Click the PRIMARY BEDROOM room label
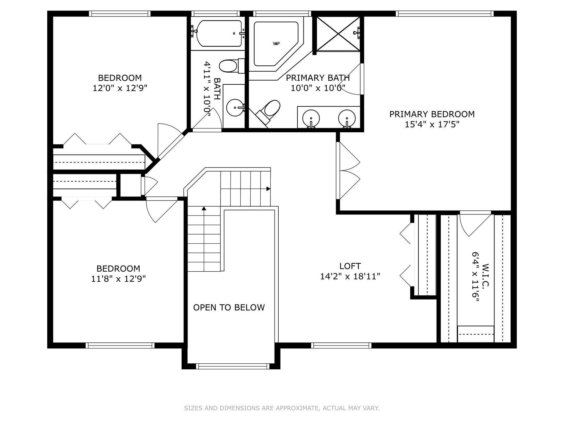(432, 114)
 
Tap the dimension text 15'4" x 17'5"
(432, 124)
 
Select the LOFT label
(350, 266)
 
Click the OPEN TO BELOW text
(229, 307)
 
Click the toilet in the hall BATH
(229, 66)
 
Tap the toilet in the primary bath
(270, 109)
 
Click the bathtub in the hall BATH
(219, 33)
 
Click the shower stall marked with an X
(338, 34)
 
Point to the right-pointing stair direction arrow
(268, 189)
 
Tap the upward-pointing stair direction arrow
(204, 208)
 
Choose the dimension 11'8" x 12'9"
(118, 279)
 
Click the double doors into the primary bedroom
(348, 171)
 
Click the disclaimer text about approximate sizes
(282, 408)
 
